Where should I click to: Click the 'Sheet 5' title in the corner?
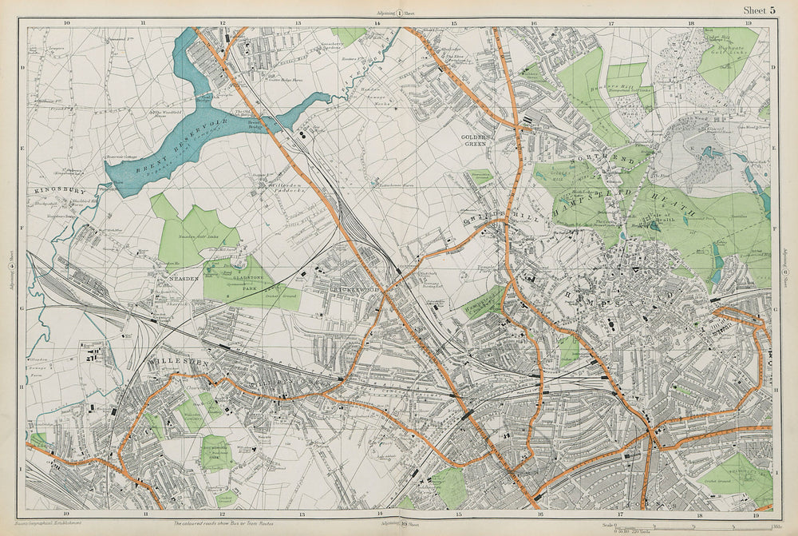(759, 10)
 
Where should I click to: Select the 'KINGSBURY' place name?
(60, 192)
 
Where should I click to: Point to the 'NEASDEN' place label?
(179, 279)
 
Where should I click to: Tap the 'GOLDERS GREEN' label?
(477, 141)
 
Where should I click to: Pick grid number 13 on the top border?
(298, 23)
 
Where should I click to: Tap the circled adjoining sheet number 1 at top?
(399, 13)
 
